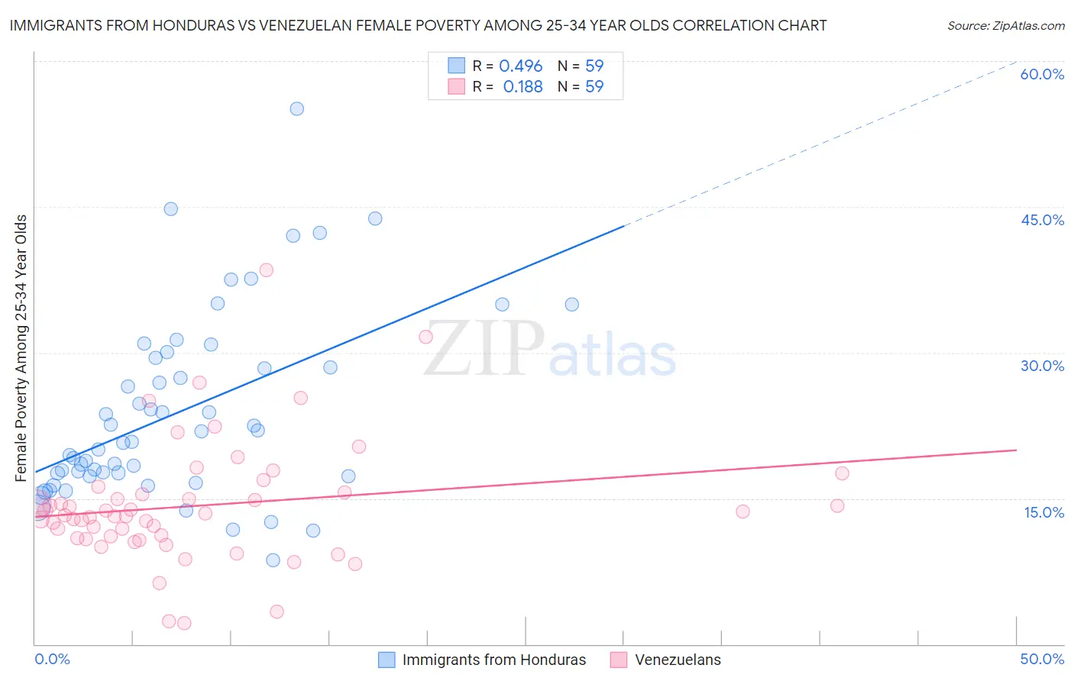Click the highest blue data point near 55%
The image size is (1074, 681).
pos(297,108)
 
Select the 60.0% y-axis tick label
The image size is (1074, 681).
pos(1042,74)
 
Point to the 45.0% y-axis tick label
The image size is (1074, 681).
pos(1042,220)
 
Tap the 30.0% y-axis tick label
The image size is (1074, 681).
pos(1042,366)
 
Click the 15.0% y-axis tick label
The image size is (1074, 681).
pos(1043,512)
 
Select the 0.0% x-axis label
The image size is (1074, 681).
pos(52,659)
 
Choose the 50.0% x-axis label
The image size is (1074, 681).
pos(1042,659)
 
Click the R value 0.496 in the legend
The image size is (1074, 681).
pos(520,66)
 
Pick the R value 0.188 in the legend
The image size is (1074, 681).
pos(522,87)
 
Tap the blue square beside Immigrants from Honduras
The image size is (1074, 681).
pos(387,660)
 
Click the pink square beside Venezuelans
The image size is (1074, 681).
pos(619,660)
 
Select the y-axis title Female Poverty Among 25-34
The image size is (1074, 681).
pos(21,348)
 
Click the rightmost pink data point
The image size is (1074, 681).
pos(842,473)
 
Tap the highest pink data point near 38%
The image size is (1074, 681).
pos(267,269)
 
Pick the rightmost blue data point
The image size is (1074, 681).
pos(571,305)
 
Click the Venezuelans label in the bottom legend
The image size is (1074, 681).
pos(678,660)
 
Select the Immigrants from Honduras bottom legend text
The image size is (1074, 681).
pos(494,660)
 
